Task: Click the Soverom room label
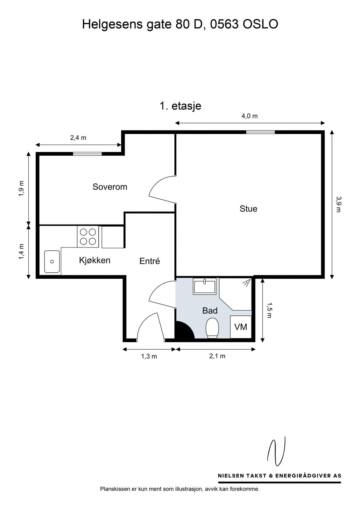click(110, 187)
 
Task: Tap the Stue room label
click(248, 209)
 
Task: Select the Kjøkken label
click(95, 260)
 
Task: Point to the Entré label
click(150, 261)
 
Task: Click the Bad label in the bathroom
click(210, 310)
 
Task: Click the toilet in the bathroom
click(212, 328)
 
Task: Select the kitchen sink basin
click(52, 261)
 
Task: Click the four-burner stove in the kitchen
click(88, 236)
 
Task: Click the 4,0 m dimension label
click(250, 116)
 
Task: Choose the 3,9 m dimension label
click(338, 204)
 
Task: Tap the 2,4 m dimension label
click(78, 138)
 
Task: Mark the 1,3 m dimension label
click(149, 356)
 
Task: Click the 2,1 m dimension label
click(217, 356)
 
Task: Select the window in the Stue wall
click(261, 132)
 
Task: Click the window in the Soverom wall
click(87, 154)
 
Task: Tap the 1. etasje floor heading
click(180, 106)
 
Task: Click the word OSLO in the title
click(261, 24)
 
